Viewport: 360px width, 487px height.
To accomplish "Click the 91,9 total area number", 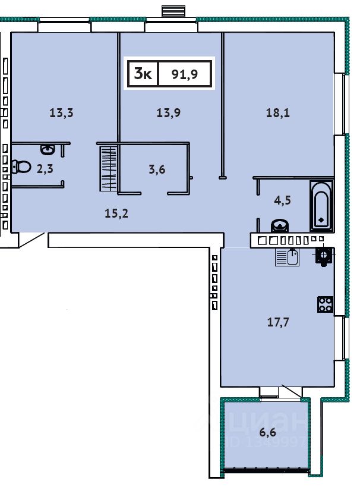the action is [x=185, y=74].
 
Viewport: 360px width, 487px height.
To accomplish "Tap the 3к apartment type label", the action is [x=143, y=74].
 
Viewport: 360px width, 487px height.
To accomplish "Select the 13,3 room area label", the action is [x=61, y=113].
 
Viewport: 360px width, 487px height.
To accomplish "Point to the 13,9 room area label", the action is [x=169, y=113].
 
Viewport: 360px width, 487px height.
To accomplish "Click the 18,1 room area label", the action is [x=278, y=113].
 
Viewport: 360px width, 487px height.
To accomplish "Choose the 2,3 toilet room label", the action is [x=45, y=169].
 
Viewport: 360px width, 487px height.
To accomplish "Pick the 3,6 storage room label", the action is [x=157, y=169].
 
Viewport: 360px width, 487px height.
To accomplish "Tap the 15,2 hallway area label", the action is [x=116, y=213].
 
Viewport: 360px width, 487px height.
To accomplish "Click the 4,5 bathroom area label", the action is [x=282, y=200].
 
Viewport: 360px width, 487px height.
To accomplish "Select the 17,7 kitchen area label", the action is [x=278, y=322].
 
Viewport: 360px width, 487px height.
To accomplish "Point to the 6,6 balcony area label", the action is [x=268, y=432].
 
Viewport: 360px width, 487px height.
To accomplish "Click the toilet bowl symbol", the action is [x=21, y=166].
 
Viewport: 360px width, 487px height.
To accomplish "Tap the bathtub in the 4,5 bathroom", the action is [x=321, y=206].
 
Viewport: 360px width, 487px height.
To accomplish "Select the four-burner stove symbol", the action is [x=325, y=304].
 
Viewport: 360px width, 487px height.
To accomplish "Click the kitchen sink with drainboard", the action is [x=288, y=257].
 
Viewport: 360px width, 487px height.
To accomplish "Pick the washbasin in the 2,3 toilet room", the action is [x=48, y=150].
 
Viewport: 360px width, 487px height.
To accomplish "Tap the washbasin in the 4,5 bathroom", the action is [x=280, y=226].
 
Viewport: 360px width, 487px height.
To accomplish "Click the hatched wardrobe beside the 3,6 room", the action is [x=109, y=169].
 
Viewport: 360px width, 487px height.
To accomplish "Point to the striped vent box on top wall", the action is [x=173, y=11].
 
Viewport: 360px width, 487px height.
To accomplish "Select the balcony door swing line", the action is [x=292, y=391].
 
